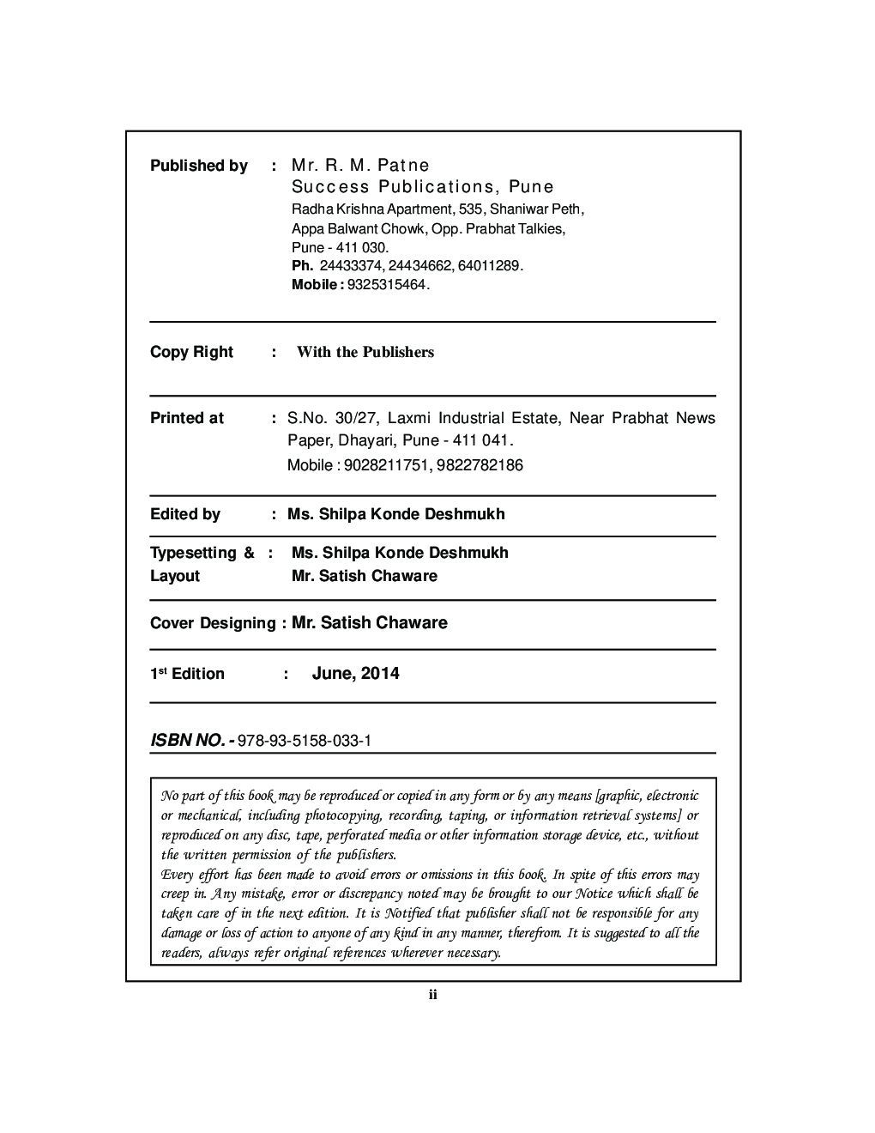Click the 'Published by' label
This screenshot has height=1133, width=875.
198,166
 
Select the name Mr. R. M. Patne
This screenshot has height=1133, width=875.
360,165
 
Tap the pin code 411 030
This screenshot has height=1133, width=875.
364,247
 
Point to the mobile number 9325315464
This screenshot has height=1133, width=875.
386,284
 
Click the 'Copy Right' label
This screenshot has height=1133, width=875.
191,352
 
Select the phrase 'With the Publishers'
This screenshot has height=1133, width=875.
365,352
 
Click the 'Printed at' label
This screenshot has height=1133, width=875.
186,418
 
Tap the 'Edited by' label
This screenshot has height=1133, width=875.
184,514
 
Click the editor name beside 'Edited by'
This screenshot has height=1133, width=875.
396,514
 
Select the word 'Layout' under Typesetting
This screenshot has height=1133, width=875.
174,576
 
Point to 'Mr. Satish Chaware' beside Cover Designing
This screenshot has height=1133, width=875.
370,622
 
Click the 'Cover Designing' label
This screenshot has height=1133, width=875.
213,623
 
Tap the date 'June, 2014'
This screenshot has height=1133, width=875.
355,673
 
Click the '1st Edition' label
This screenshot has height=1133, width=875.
187,674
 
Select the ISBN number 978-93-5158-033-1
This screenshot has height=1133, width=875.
305,740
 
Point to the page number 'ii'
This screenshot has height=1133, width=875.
433,995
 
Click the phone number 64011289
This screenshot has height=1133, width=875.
489,266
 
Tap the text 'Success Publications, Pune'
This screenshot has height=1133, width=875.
423,187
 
